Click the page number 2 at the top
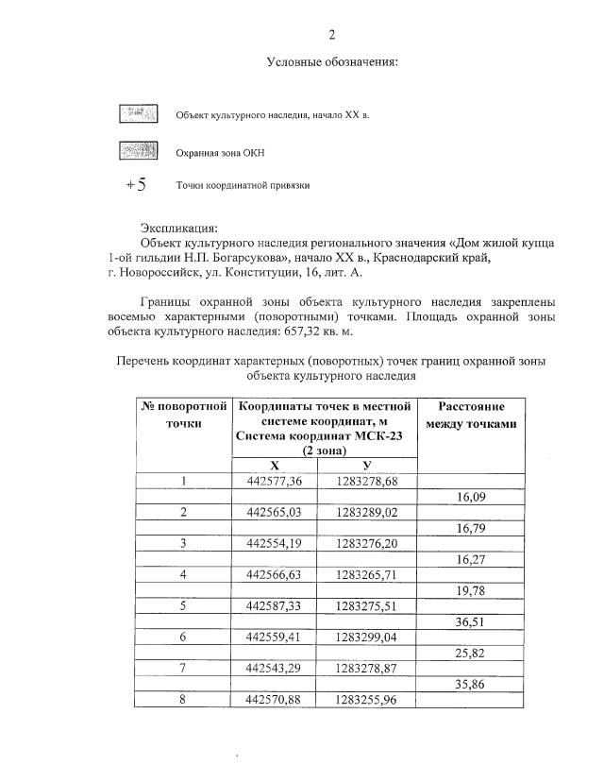click(331, 36)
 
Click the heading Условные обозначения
click(332, 63)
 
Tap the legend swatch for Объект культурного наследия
click(137, 115)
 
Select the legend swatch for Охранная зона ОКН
click(137, 150)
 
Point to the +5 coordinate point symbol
click(136, 185)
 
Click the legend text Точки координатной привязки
click(243, 186)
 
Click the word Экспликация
click(178, 228)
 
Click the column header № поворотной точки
click(184, 415)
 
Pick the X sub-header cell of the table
click(275, 466)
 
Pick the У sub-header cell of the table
click(365, 466)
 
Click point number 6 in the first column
click(184, 637)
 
